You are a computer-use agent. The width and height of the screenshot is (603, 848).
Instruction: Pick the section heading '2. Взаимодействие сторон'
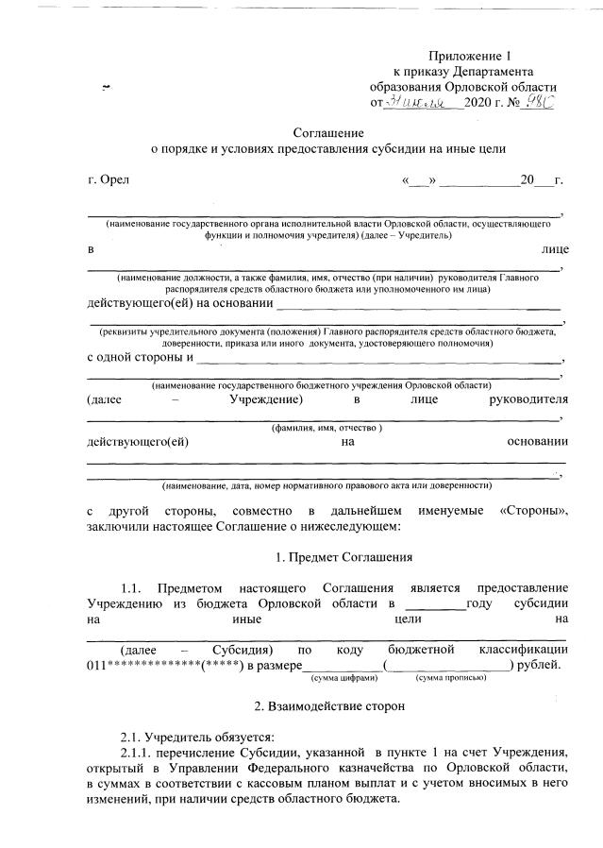[327, 705]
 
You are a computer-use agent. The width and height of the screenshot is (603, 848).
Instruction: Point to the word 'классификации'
[523, 650]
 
